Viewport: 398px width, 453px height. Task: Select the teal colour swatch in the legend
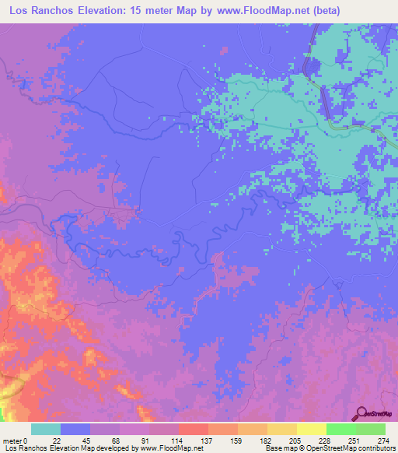[x=46, y=429]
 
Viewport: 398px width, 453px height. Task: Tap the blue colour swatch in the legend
[x=75, y=429]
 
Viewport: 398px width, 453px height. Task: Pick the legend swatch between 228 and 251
[x=340, y=429]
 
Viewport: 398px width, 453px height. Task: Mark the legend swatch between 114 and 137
[x=193, y=429]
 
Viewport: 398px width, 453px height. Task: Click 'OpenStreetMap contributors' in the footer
[x=354, y=448]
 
